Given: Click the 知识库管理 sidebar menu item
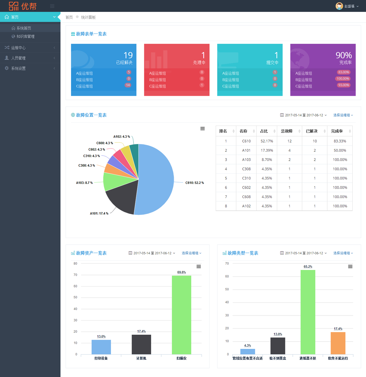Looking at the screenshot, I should click(x=25, y=36).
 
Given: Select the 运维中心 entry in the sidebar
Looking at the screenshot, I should click(x=18, y=48).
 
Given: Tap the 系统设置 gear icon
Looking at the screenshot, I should click(x=7, y=68).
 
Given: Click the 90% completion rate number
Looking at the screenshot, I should click(x=344, y=55).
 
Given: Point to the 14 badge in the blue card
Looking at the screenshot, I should click(x=128, y=85).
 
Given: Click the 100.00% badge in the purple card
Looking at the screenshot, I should click(x=343, y=79).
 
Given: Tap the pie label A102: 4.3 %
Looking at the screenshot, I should click(x=122, y=137).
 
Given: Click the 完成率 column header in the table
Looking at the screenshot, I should click(x=337, y=131).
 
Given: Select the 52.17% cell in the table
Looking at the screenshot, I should click(x=267, y=141).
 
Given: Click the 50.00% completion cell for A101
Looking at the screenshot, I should click(x=340, y=151).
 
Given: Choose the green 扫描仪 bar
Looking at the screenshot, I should click(x=182, y=315).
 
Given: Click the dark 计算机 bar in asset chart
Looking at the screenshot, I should click(x=141, y=344).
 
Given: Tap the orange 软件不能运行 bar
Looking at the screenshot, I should click(x=338, y=343).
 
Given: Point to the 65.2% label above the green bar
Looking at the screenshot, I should click(x=308, y=267).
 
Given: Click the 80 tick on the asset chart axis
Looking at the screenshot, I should click(x=76, y=263).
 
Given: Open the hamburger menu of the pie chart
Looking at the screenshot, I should click(x=202, y=129).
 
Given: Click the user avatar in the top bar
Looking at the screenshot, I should click(x=339, y=6).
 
